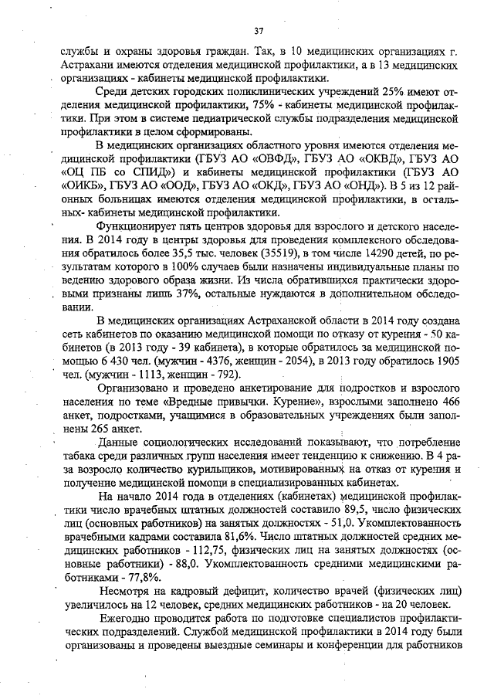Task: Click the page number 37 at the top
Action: (x=259, y=31)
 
